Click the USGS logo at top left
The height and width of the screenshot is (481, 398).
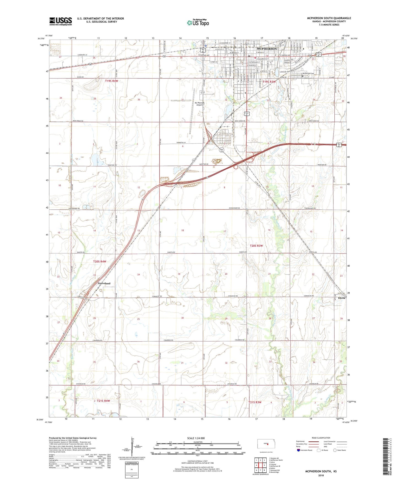(61, 21)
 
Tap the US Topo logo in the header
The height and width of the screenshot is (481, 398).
(198, 23)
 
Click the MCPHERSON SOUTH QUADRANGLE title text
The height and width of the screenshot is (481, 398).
(329, 18)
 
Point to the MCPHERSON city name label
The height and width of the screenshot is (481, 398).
(267, 49)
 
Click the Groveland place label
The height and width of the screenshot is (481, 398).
(104, 283)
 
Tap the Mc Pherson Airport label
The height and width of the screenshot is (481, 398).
(199, 104)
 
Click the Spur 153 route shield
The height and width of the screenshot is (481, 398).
(222, 150)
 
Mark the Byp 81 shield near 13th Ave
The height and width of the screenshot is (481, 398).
(203, 50)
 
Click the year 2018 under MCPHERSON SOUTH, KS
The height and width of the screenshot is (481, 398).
(321, 475)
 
